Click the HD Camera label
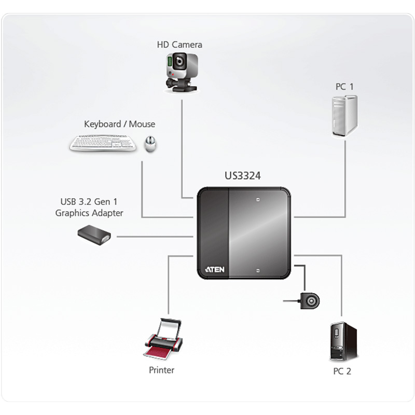179,45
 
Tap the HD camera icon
179,73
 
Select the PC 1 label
344,87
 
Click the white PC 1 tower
344,116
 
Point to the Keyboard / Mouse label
119,124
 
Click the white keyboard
103,143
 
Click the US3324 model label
243,176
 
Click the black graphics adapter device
94,235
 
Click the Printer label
161,370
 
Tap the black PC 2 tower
343,341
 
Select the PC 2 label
342,371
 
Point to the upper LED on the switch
257,199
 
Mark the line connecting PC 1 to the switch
344,182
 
